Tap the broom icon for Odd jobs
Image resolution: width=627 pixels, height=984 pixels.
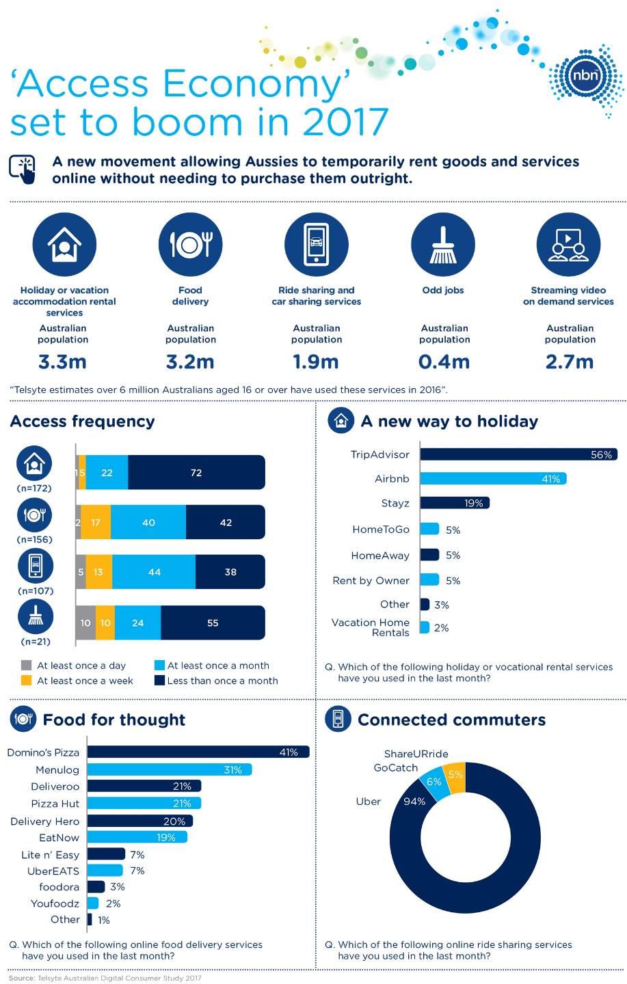click(x=442, y=245)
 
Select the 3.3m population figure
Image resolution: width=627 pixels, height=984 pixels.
click(x=63, y=361)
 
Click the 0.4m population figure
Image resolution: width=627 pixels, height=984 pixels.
click(x=444, y=361)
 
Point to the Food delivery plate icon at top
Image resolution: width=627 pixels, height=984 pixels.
click(x=191, y=245)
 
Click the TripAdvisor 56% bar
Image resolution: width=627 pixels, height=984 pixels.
click(x=518, y=454)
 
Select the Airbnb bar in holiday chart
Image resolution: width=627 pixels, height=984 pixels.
click(x=493, y=479)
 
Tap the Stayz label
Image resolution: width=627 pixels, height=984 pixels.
click(x=395, y=504)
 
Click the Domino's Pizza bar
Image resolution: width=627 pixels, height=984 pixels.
click(x=198, y=752)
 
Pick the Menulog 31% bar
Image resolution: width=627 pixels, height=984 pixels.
click(x=170, y=770)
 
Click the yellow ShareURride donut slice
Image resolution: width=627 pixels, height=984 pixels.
click(x=455, y=776)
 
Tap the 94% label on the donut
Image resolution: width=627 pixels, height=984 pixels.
click(x=414, y=802)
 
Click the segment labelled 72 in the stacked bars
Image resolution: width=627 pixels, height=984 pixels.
click(x=196, y=473)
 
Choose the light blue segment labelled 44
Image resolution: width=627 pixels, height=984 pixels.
click(x=154, y=572)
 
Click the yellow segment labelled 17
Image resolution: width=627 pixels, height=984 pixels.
click(x=96, y=523)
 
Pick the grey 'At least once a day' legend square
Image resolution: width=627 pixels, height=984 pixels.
click(x=27, y=666)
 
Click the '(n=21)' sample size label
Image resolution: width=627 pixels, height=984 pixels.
click(x=36, y=642)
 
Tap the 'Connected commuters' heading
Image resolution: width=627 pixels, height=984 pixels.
click(x=451, y=720)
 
